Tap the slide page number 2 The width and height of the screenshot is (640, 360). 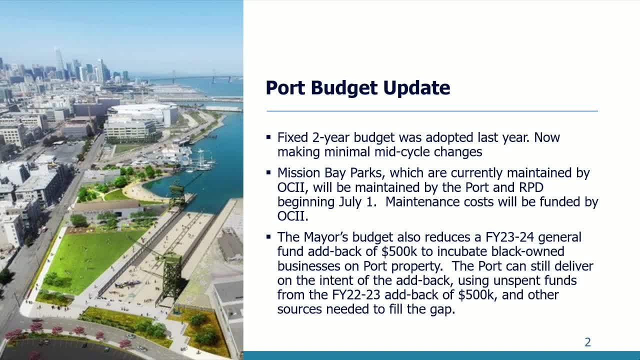point(587,342)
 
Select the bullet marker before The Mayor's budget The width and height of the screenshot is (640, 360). point(268,237)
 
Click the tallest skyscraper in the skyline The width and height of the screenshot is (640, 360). point(59,60)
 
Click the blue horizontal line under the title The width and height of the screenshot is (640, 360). point(432,111)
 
